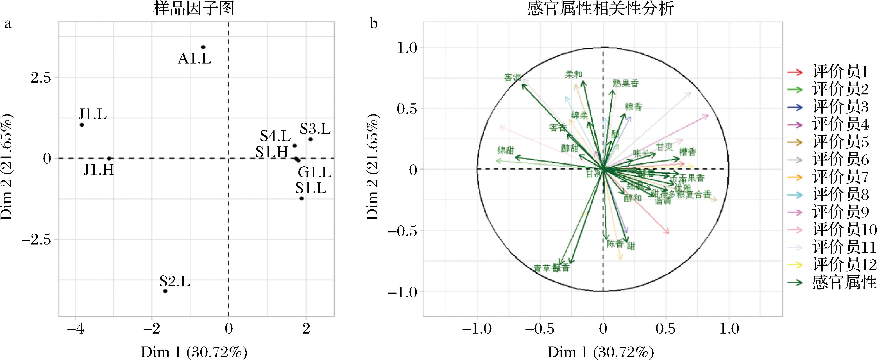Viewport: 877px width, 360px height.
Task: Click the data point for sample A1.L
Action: click(203, 47)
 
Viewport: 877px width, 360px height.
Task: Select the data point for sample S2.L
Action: click(165, 291)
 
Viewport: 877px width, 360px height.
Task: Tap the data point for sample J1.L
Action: click(82, 125)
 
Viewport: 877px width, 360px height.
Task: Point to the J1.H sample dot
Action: click(109, 159)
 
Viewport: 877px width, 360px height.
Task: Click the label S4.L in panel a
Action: click(275, 137)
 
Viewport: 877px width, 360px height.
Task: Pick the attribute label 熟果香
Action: click(626, 83)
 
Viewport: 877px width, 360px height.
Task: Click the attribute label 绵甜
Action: click(506, 150)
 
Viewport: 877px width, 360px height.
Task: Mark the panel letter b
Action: click(374, 24)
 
